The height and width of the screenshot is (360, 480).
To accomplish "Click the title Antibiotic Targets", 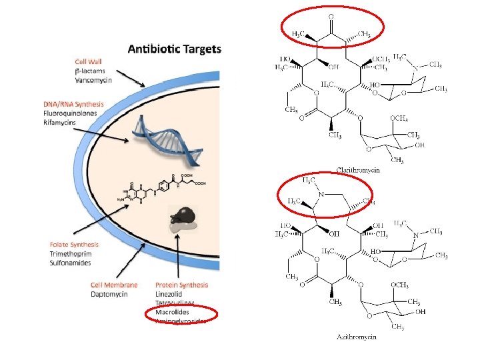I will click(175, 49).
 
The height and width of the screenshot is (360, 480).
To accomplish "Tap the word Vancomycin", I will click(93, 79).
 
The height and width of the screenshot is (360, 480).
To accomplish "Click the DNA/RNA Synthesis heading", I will click(73, 104).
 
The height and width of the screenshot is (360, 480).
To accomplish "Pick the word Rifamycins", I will click(60, 122).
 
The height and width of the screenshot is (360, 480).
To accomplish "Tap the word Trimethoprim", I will click(70, 254).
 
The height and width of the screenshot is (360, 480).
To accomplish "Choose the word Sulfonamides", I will click(71, 263).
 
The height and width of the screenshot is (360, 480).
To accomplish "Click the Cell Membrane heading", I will click(114, 285).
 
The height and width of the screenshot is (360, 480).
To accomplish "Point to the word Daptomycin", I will click(109, 294).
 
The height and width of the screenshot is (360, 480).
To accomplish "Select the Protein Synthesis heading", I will click(181, 285).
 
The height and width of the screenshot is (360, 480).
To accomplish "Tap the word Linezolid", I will click(169, 294).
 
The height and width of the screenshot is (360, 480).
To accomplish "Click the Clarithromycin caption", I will click(358, 170).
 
